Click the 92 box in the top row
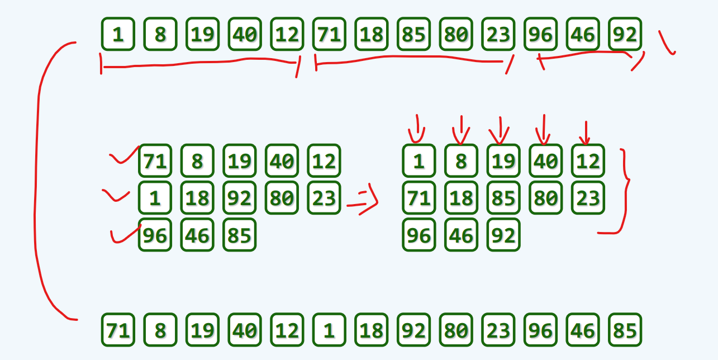pos(625,34)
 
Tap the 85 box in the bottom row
pos(625,330)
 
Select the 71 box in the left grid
pos(155,161)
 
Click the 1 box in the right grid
pos(419,161)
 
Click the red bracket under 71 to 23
pos(413,59)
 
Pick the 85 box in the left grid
pos(239,235)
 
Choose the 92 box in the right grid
pos(503,235)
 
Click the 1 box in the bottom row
pos(329,330)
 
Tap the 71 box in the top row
pos(329,34)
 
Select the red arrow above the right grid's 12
pos(585,133)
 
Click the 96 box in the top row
pos(540,34)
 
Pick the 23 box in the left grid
pos(324,198)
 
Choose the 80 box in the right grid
pos(545,198)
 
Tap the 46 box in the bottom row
pos(582,330)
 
